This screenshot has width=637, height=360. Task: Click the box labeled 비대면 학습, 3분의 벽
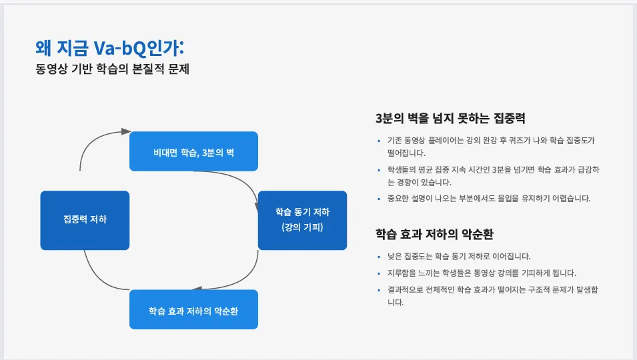(193, 151)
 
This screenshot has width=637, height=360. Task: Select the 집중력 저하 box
(85, 220)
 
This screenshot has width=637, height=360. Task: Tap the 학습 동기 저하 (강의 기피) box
(302, 220)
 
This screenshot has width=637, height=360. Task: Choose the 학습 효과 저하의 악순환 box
(193, 309)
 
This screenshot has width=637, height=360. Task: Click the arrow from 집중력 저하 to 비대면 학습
(93, 141)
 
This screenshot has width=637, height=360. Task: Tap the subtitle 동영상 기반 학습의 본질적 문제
(113, 69)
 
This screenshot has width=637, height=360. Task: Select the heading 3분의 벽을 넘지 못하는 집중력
(450, 119)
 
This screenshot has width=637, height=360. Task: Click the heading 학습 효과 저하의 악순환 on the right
(434, 234)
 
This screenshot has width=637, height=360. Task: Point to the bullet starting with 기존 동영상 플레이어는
(490, 146)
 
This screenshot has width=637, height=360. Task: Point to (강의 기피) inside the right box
(302, 227)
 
